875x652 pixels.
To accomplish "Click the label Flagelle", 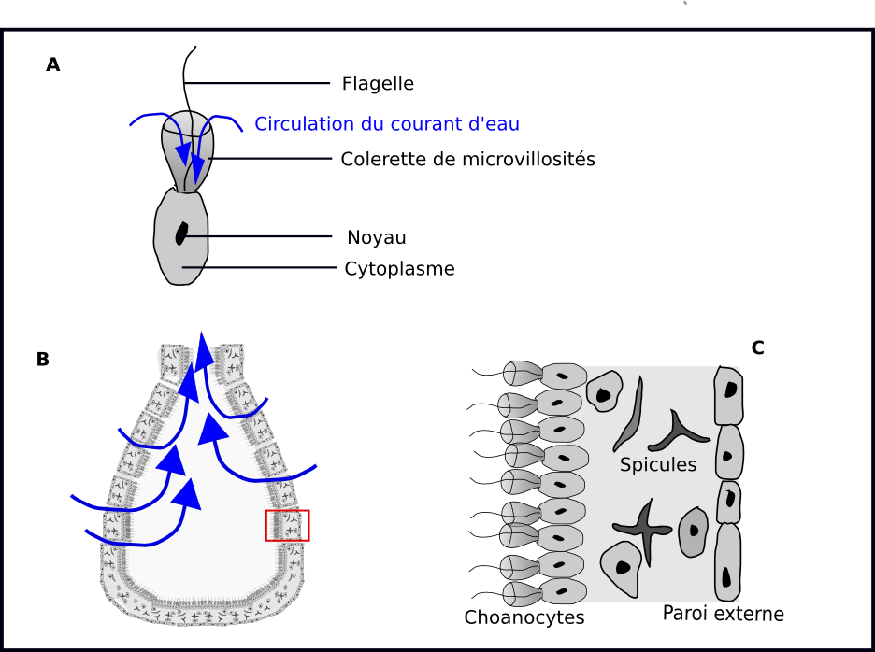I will [x=378, y=83].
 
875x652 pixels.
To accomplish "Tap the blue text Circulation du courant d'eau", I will [x=387, y=123].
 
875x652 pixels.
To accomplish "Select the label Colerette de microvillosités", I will [x=467, y=159].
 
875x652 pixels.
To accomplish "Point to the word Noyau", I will [x=376, y=237].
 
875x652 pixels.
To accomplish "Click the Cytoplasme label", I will [x=399, y=269].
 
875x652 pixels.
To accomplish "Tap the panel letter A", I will [x=53, y=64].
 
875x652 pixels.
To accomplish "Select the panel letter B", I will [x=42, y=359].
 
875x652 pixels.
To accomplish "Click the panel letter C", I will [x=757, y=347].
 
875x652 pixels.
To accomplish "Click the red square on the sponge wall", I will [x=288, y=525].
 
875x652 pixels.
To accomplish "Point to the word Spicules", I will [x=658, y=464].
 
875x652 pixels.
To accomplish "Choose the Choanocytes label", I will [x=524, y=617].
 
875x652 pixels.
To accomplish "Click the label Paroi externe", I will [x=723, y=614].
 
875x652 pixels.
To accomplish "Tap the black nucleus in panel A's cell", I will [x=181, y=233].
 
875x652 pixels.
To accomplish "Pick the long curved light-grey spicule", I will [x=632, y=413].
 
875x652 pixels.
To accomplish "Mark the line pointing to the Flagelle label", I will [x=257, y=83].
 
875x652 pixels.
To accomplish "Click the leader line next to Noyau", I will [x=262, y=236].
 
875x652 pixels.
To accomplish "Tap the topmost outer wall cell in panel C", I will [x=728, y=395].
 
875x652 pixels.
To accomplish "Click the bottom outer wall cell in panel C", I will [x=727, y=562].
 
